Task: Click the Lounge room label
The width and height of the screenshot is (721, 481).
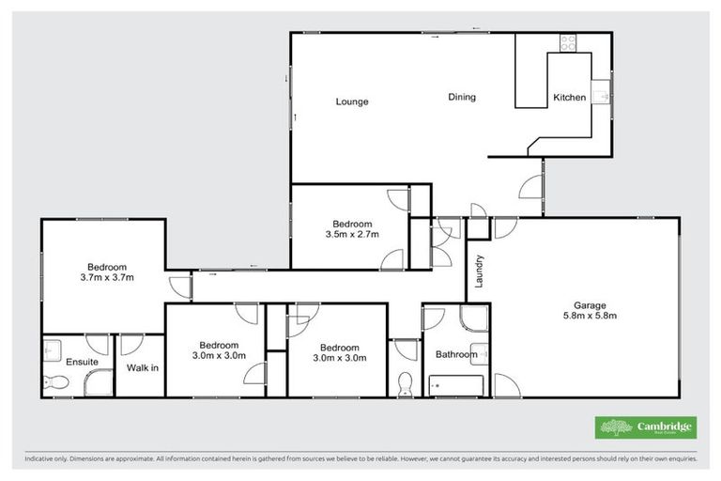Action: (353, 101)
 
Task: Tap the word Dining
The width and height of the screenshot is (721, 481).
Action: (461, 97)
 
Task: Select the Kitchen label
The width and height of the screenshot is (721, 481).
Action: (569, 98)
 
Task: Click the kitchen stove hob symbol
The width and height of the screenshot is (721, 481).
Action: (568, 42)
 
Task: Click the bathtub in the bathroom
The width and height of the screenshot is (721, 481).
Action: (456, 384)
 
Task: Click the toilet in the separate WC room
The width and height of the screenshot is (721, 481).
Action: (407, 384)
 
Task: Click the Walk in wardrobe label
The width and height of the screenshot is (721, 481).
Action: (143, 367)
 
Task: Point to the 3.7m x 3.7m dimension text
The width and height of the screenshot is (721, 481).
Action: (108, 277)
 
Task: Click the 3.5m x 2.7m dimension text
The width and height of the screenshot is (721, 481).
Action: (352, 235)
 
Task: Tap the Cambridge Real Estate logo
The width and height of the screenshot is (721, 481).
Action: (646, 427)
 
